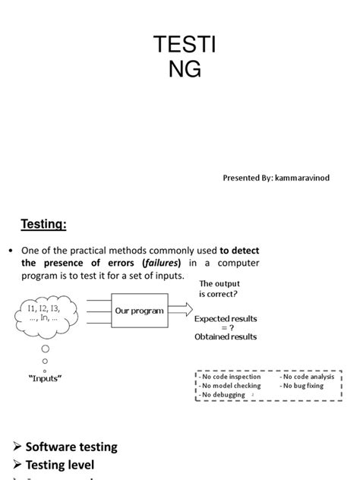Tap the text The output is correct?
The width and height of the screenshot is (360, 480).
click(x=223, y=288)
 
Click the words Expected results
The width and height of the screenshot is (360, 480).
click(x=226, y=319)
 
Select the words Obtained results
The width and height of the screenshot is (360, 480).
click(x=226, y=336)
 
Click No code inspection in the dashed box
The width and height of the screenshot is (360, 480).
click(x=231, y=377)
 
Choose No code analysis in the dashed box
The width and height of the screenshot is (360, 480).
click(x=307, y=377)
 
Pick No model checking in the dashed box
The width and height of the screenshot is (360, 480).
click(x=231, y=386)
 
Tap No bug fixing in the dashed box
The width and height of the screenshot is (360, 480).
click(x=302, y=386)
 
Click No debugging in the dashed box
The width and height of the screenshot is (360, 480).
click(x=223, y=395)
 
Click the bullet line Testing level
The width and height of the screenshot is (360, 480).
click(x=60, y=464)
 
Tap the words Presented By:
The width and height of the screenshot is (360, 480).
click(x=242, y=178)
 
